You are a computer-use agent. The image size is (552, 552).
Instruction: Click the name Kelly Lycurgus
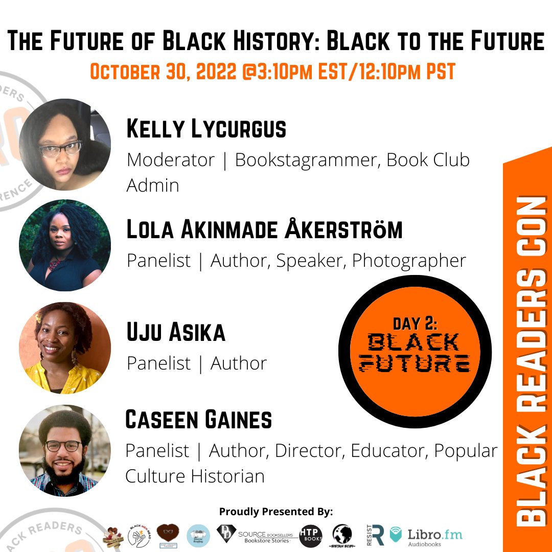click(x=206, y=130)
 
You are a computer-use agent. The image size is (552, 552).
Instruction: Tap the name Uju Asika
click(x=176, y=333)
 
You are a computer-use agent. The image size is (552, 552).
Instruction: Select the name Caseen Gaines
click(x=198, y=420)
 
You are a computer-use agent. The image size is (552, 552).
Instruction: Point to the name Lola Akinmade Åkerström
click(x=264, y=231)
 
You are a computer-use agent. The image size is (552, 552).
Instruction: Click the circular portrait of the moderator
click(x=65, y=145)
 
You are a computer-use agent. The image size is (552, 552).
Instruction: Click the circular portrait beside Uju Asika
click(x=65, y=348)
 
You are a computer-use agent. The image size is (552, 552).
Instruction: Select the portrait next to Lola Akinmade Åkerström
click(x=65, y=245)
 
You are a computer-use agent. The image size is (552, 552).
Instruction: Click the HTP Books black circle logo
click(x=311, y=536)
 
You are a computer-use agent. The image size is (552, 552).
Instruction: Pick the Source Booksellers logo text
click(x=266, y=535)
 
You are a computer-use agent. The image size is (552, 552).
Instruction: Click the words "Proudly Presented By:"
click(x=276, y=511)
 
